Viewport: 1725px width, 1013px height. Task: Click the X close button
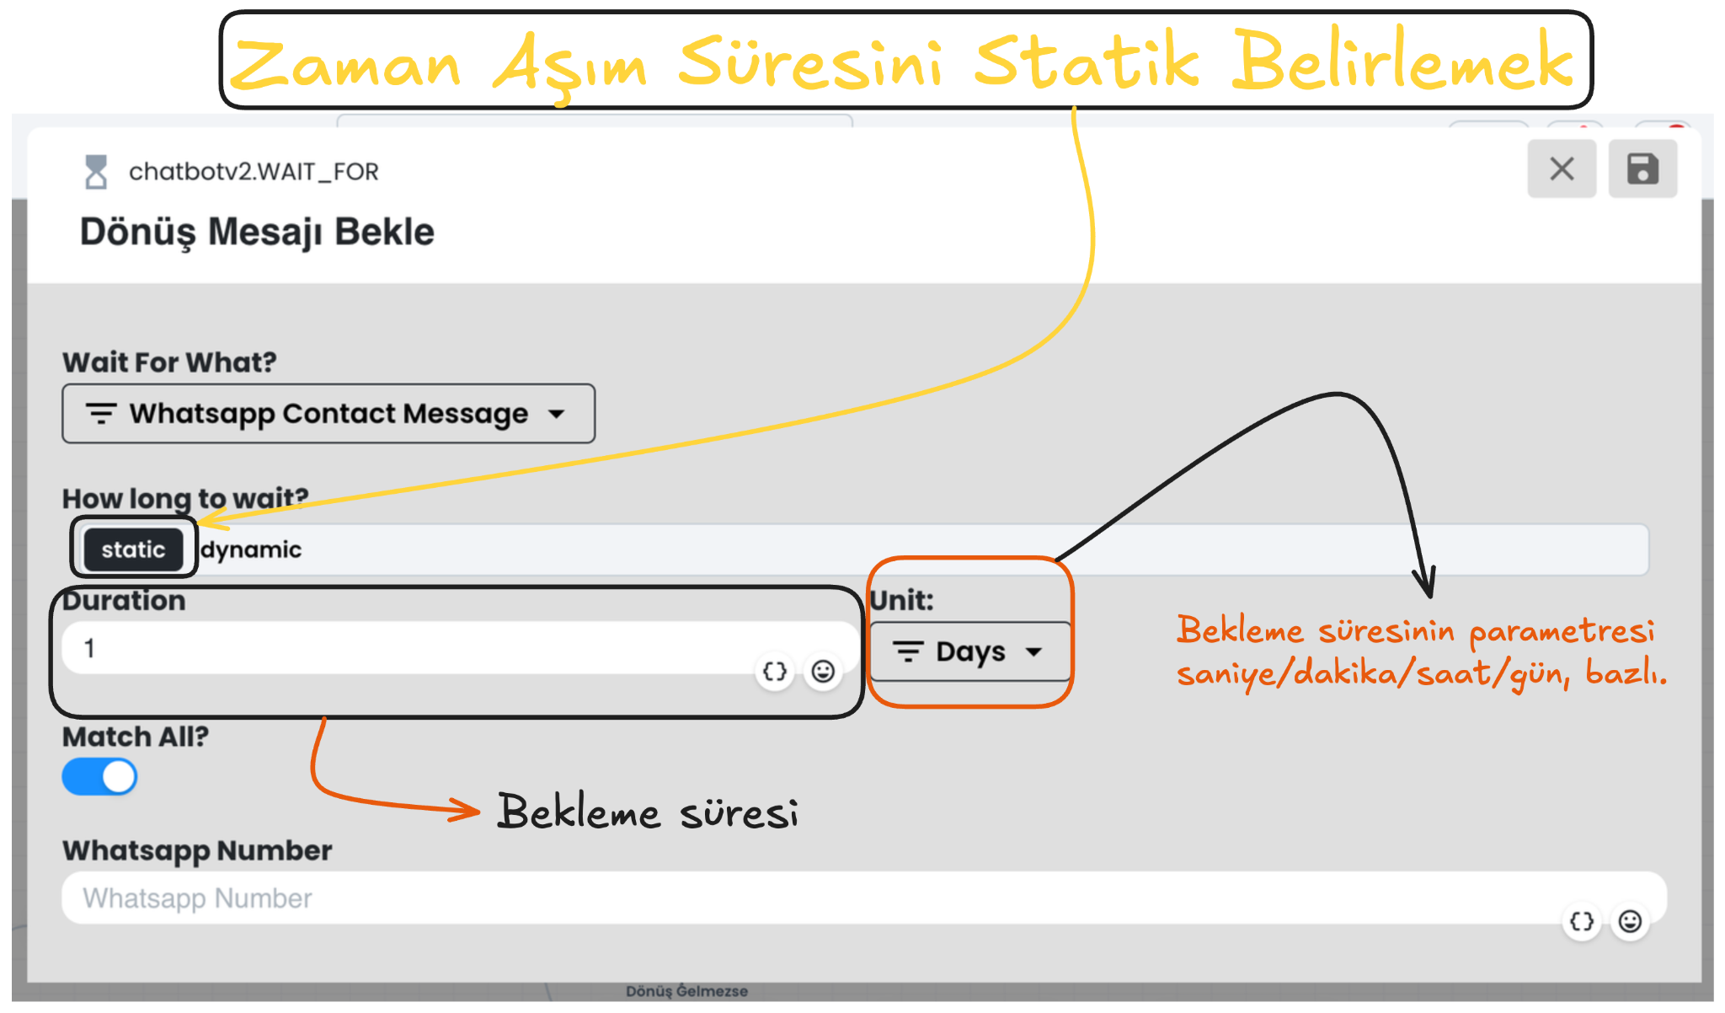(1562, 169)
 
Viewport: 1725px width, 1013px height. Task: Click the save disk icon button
(1642, 169)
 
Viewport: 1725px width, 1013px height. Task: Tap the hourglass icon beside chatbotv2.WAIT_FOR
(96, 172)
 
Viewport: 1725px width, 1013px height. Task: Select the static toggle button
(133, 549)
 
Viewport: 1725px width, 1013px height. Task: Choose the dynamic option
(251, 549)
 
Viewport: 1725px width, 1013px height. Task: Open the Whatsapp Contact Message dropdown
(328, 414)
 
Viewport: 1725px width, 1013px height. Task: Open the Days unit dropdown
(969, 651)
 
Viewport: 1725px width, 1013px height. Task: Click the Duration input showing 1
(404, 647)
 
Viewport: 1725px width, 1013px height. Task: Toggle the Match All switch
(99, 777)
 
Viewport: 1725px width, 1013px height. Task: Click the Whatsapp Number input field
(809, 898)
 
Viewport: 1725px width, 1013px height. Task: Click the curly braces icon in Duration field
(775, 672)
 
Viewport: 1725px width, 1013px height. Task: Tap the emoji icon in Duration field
(823, 672)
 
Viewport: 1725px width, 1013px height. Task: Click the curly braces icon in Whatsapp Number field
(1582, 921)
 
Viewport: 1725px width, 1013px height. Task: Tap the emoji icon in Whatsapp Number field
(1631, 921)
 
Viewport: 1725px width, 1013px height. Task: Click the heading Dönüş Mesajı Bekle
(257, 232)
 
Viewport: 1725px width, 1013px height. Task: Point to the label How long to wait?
(185, 498)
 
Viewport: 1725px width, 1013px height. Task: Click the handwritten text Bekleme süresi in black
(647, 812)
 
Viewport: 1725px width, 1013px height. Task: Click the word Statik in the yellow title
(1087, 61)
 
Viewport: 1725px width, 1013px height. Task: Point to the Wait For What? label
(169, 362)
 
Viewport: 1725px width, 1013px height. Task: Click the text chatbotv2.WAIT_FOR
(254, 172)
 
